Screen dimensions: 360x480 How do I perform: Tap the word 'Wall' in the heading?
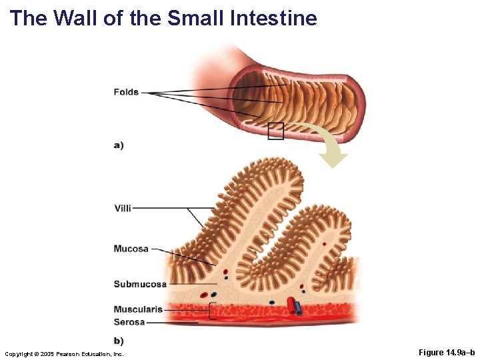[76, 18]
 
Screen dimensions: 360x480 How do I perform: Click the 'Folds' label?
[126, 92]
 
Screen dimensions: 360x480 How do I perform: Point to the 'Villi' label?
[123, 208]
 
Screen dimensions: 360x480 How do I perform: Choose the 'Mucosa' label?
[131, 249]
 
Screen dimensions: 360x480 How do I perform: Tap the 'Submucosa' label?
[140, 284]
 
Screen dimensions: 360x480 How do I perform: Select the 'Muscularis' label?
[138, 309]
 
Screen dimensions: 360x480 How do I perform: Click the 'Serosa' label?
[129, 322]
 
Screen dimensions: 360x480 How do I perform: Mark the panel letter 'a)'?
[119, 145]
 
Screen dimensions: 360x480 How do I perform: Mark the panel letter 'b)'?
[119, 341]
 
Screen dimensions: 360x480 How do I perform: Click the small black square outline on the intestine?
[275, 131]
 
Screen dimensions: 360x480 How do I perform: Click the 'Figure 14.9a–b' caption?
[447, 353]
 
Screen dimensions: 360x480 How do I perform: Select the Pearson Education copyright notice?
[64, 353]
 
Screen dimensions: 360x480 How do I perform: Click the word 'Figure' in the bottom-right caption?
[431, 353]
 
